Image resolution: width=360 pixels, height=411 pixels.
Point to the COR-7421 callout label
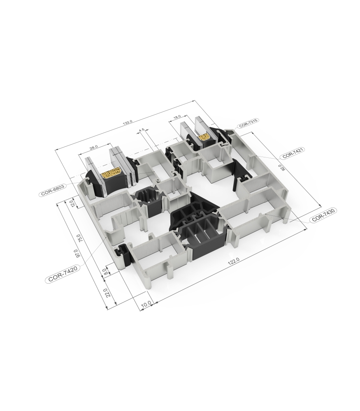293,153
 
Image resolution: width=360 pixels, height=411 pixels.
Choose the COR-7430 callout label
324,215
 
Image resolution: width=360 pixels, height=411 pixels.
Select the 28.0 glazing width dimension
93,146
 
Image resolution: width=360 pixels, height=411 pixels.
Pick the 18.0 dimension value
177,118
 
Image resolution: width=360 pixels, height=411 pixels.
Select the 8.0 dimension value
106,272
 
